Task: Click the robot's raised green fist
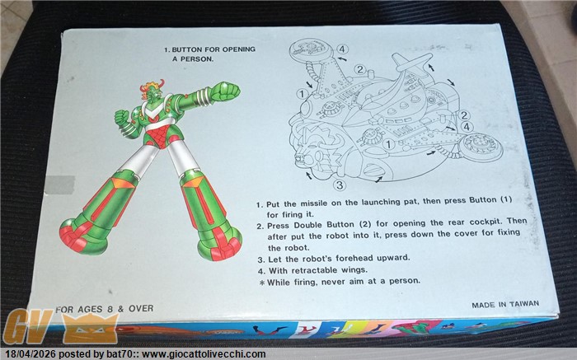point(224,91)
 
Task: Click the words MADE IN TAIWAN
point(505,305)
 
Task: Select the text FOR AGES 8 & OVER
point(104,309)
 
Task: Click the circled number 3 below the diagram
point(340,185)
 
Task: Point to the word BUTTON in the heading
point(186,49)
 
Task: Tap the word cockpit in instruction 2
point(486,222)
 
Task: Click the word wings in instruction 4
point(354,270)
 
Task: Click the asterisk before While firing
point(261,283)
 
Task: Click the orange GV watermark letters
point(27,325)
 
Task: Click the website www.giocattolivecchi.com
point(204,354)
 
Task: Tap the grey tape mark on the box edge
point(59,185)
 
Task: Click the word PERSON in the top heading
point(196,58)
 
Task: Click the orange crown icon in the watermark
point(90,329)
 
